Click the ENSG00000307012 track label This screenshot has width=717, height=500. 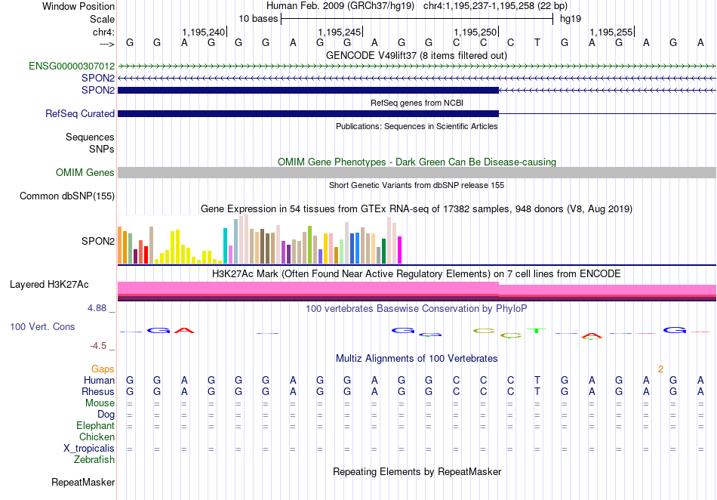72,66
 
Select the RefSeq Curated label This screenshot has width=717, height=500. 80,113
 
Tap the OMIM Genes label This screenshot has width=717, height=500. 85,172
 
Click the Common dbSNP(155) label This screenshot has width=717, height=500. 67,196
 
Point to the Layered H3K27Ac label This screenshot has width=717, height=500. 49,285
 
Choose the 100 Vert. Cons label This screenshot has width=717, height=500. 42,326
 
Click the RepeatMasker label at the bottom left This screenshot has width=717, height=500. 83,482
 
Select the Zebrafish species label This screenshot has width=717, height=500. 94,459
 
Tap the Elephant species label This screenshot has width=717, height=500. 96,425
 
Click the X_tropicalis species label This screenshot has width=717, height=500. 89,449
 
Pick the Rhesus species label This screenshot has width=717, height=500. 98,391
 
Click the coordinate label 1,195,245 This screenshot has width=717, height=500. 340,32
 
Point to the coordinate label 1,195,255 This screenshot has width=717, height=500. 611,32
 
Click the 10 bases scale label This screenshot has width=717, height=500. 258,19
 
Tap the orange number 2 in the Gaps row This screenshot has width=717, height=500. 660,369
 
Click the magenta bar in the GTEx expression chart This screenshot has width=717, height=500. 399,250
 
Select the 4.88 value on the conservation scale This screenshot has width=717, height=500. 97,308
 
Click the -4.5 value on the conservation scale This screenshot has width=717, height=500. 98,346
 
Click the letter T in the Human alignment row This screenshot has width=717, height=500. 537,380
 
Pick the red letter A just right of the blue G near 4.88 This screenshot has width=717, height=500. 184,330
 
